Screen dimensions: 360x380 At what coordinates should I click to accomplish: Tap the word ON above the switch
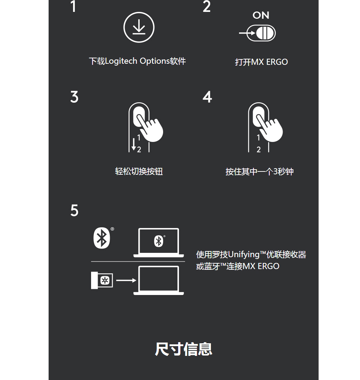click(261, 15)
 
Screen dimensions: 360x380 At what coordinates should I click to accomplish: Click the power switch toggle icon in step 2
click(261, 33)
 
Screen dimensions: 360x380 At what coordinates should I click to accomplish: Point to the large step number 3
click(75, 97)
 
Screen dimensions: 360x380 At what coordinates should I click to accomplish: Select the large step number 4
click(207, 97)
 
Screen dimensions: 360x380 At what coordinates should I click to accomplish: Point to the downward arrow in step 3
click(134, 144)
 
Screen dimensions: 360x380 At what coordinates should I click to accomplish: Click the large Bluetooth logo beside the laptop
click(102, 238)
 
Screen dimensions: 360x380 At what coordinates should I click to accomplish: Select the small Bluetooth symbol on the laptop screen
click(159, 241)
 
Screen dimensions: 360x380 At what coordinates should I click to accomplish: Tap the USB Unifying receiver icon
click(102, 280)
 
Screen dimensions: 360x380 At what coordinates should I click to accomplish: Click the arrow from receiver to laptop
click(126, 280)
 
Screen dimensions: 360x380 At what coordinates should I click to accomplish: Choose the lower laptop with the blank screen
click(159, 280)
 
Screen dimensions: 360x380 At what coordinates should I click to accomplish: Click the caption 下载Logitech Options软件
click(138, 61)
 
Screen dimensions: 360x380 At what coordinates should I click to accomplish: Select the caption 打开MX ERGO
click(261, 62)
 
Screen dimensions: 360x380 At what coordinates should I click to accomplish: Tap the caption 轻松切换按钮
click(139, 171)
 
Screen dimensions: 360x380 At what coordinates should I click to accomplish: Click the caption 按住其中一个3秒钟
click(260, 171)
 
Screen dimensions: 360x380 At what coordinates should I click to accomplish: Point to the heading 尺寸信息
click(183, 349)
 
